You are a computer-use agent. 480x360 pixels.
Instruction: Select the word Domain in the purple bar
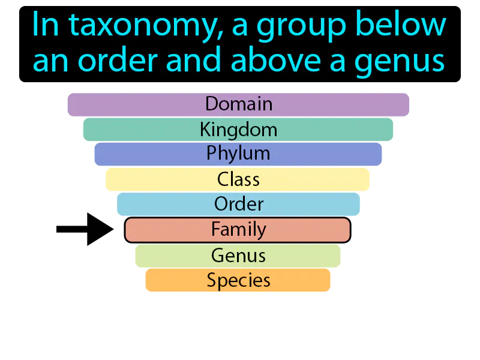coord(239,104)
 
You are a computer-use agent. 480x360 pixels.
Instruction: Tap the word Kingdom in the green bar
coord(238,130)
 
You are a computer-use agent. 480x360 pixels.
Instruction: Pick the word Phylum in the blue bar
coord(238,154)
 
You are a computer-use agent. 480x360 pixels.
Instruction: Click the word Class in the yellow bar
coord(238,179)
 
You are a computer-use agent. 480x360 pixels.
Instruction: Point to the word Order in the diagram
coord(239,204)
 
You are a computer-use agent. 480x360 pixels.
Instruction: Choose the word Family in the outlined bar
coord(238,229)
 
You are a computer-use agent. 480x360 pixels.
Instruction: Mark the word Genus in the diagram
coord(238,256)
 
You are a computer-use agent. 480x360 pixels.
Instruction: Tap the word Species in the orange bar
coord(238,280)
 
